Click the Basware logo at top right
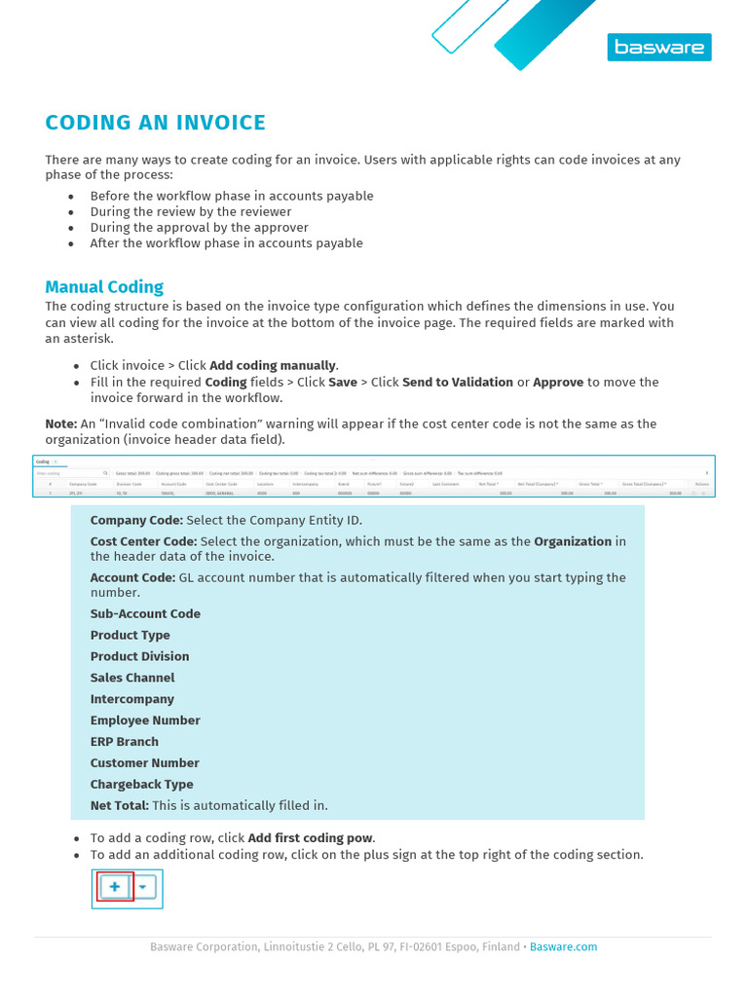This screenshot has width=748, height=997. point(659,47)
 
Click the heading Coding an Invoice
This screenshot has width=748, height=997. point(155,123)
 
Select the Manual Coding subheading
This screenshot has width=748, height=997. point(104,286)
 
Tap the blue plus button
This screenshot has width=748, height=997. point(115,887)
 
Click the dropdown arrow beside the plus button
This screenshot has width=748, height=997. point(143,888)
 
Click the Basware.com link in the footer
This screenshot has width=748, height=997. point(563,946)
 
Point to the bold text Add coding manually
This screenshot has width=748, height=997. point(273,365)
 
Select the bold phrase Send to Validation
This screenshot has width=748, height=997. point(457,382)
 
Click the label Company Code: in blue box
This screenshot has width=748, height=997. point(136,520)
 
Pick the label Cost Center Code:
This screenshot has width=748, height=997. point(143,541)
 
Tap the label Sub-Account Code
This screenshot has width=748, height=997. point(145,613)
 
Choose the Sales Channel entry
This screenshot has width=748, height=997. point(132,678)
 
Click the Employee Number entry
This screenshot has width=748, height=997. point(145,720)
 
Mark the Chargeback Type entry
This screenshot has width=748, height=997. point(141,784)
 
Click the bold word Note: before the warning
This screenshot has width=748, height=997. point(60,424)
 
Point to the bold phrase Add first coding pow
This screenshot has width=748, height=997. point(311,837)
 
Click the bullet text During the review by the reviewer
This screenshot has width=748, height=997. point(191,211)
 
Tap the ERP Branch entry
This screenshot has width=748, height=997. point(124,742)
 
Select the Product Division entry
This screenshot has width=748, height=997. point(139,656)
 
